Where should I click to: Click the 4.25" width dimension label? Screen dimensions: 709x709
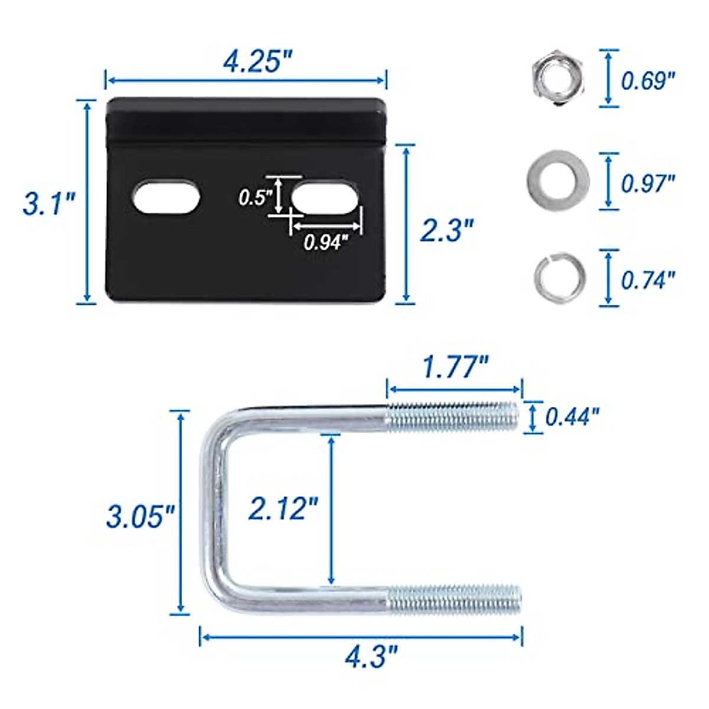tap(257, 61)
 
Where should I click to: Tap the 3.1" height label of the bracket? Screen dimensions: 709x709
tap(48, 204)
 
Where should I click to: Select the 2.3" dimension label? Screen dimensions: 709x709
tap(447, 229)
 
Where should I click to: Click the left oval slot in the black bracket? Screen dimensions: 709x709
tap(165, 198)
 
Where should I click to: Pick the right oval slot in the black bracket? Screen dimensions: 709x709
tap(324, 197)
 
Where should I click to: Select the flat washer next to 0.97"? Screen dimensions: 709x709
tap(557, 180)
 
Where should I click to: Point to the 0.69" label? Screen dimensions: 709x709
tap(648, 80)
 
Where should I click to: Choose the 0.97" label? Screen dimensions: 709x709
tap(648, 183)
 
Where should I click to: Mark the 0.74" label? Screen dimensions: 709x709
tap(648, 279)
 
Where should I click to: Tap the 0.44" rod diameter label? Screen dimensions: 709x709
tap(571, 417)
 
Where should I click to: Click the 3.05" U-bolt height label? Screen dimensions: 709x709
tap(141, 516)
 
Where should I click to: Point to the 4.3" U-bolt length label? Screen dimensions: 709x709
tap(371, 656)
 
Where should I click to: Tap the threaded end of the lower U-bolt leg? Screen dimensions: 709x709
tap(454, 600)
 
